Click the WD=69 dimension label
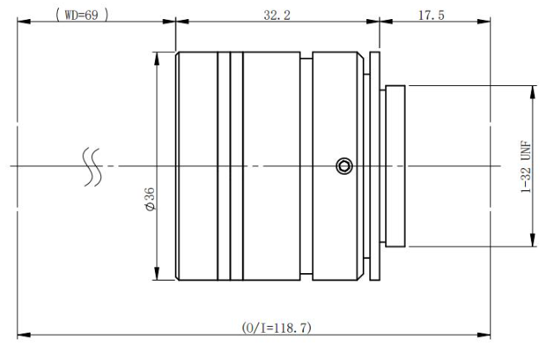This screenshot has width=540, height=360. [x=82, y=15]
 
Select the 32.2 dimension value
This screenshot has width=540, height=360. [x=277, y=15]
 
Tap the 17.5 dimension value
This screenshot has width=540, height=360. [x=432, y=15]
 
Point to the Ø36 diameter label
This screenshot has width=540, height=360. [x=150, y=199]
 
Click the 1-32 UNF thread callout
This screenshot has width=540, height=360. [x=526, y=166]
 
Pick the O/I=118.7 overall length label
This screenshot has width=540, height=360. [x=276, y=327]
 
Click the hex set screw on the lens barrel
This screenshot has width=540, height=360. [x=344, y=166]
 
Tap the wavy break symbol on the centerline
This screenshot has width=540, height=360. [x=92, y=167]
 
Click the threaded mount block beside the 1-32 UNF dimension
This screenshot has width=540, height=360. [x=395, y=166]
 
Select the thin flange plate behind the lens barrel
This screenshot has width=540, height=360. [x=374, y=166]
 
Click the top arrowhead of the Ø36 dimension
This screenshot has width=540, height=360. [x=157, y=59]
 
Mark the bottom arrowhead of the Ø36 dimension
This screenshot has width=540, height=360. [x=157, y=273]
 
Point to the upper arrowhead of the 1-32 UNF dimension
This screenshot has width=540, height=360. [x=533, y=92]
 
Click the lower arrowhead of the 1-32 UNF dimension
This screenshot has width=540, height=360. [x=533, y=240]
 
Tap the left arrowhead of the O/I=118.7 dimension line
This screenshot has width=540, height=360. [x=24, y=334]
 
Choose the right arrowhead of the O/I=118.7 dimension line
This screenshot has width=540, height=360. [x=484, y=334]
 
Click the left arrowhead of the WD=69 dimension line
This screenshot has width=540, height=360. [x=24, y=22]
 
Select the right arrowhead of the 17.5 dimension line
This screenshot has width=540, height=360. [x=484, y=22]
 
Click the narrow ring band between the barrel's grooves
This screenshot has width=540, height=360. [x=224, y=166]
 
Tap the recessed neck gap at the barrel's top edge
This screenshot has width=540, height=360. [x=306, y=55]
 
